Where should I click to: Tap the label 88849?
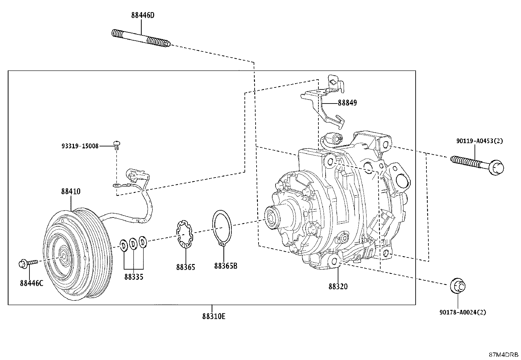pyautogui.click(x=347, y=103)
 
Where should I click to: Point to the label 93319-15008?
pyautogui.click(x=80, y=146)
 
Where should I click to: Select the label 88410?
pyautogui.click(x=71, y=191)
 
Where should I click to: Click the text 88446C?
pyautogui.click(x=31, y=283)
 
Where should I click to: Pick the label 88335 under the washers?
pyautogui.click(x=134, y=277)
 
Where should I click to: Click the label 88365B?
pyautogui.click(x=225, y=266)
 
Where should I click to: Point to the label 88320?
pyautogui.click(x=338, y=286)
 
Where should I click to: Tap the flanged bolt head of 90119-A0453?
pyautogui.click(x=496, y=167)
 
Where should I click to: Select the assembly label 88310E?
pyautogui.click(x=213, y=316)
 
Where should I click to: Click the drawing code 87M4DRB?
pyautogui.click(x=504, y=355)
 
